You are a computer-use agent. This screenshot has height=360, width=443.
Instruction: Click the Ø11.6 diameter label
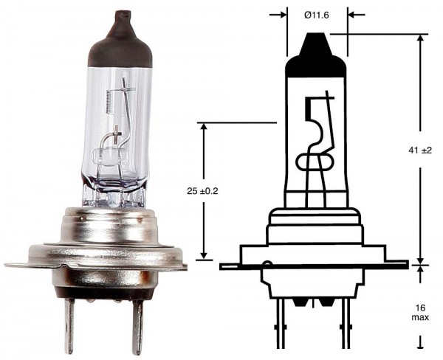(x=316, y=14)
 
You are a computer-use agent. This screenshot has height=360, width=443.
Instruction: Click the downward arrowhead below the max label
(x=421, y=341)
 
